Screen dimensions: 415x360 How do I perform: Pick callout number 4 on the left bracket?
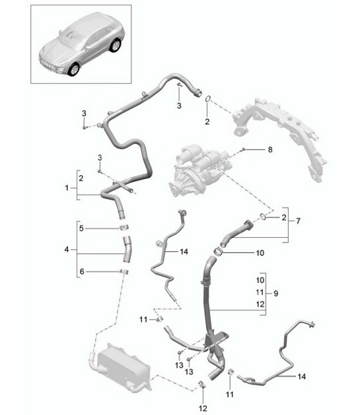[66, 250]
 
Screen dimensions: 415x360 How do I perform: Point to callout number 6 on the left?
[81, 272]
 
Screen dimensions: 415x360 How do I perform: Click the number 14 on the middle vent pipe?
[184, 252]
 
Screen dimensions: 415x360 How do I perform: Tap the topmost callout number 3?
[178, 105]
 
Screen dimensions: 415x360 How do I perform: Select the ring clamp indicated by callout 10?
[219, 251]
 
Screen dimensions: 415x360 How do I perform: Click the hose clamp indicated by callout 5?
[124, 229]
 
